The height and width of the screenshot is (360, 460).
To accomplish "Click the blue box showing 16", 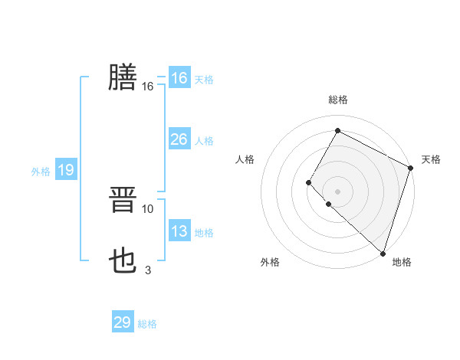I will coord(179,78).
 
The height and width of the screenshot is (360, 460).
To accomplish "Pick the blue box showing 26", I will coord(179,139).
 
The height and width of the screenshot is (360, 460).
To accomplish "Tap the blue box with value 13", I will coord(179,231).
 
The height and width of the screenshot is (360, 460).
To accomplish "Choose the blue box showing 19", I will coord(66,170).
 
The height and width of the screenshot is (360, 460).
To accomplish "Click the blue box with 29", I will coord(123,322).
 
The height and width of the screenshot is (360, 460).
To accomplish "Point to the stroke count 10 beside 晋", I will coord(148,208).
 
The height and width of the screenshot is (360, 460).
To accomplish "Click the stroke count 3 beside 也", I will coord(148,270).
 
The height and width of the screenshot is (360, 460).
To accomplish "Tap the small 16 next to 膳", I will coord(148,87).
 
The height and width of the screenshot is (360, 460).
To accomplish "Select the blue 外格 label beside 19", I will coord(41,172).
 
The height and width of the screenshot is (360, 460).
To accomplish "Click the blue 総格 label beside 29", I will coord(147,324).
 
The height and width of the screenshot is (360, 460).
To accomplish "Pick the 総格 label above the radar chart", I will coord(337,100).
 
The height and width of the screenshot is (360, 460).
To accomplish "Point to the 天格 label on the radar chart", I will coord(431,159).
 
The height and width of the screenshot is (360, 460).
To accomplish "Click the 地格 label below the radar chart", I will coord(402,263).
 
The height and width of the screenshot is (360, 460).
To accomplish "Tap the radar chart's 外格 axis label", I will coord(270,263).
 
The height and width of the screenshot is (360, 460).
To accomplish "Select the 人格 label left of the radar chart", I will coord(245,159).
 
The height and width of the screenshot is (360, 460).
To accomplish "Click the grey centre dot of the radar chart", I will coord(337,191).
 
